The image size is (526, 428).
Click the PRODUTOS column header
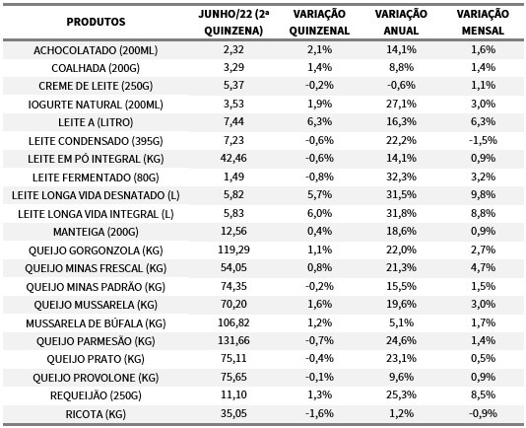click(96, 22)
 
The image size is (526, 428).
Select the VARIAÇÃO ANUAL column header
click(401, 22)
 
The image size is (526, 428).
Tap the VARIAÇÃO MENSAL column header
click(483, 22)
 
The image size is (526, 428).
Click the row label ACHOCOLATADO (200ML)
click(96, 50)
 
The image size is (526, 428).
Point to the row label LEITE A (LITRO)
click(96, 122)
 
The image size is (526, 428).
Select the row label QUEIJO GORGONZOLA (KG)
click(96, 250)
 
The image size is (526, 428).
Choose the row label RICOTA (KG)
click(96, 414)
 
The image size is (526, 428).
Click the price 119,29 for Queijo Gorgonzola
click(233, 250)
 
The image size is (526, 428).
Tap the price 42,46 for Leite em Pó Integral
click(233, 158)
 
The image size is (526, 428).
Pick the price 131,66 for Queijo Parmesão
click(233, 340)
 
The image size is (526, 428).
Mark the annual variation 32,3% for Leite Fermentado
click(401, 177)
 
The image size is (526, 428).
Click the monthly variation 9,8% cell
click(483, 194)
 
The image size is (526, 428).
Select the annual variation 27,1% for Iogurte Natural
click(401, 104)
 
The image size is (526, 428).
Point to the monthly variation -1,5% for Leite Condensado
click(483, 140)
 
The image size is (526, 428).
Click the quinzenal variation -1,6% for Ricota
click(319, 413)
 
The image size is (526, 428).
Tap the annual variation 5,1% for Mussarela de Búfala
click(401, 322)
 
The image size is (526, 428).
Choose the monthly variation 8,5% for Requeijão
click(483, 394)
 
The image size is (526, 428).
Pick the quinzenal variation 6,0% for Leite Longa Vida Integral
click(319, 213)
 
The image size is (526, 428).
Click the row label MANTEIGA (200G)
click(96, 232)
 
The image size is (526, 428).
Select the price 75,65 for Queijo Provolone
click(233, 377)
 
